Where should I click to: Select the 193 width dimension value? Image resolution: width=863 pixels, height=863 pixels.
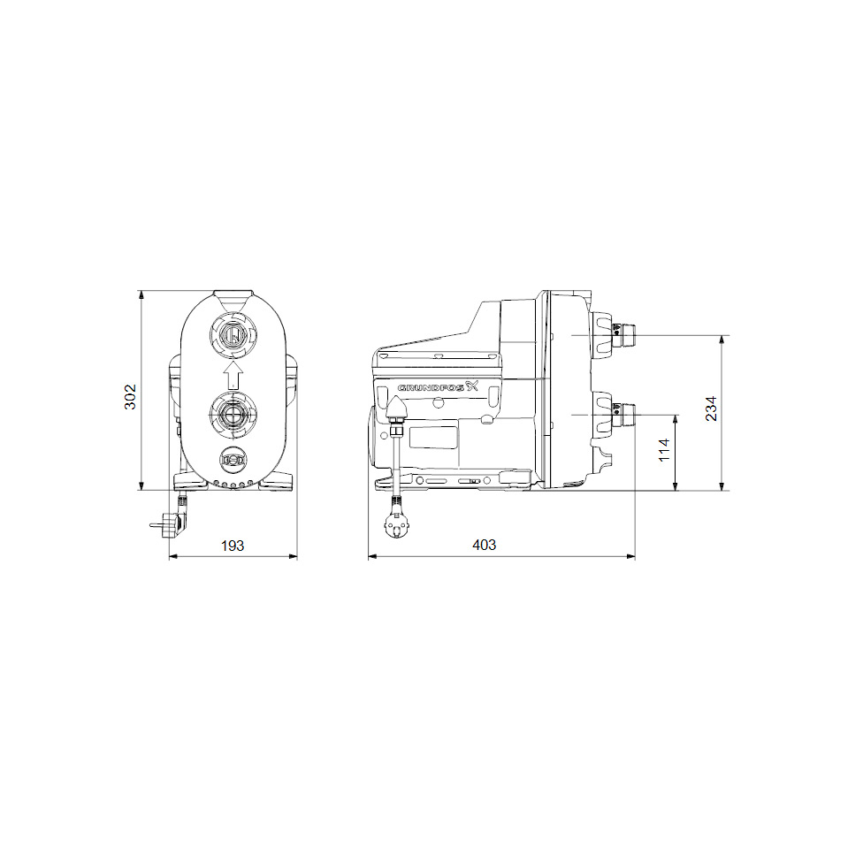pyautogui.click(x=232, y=546)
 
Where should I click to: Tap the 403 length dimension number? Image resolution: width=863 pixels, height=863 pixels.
pyautogui.click(x=484, y=546)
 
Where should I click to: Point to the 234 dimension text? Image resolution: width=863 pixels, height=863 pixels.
pyautogui.click(x=711, y=408)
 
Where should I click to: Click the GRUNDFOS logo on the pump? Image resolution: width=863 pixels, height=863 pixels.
pyautogui.click(x=438, y=386)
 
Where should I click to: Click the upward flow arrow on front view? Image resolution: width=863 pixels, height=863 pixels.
pyautogui.click(x=233, y=374)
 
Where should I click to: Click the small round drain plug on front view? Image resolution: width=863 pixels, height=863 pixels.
pyautogui.click(x=233, y=460)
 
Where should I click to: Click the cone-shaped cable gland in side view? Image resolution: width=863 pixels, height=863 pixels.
pyautogui.click(x=396, y=409)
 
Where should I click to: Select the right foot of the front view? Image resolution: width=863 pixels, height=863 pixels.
pyautogui.click(x=279, y=480)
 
